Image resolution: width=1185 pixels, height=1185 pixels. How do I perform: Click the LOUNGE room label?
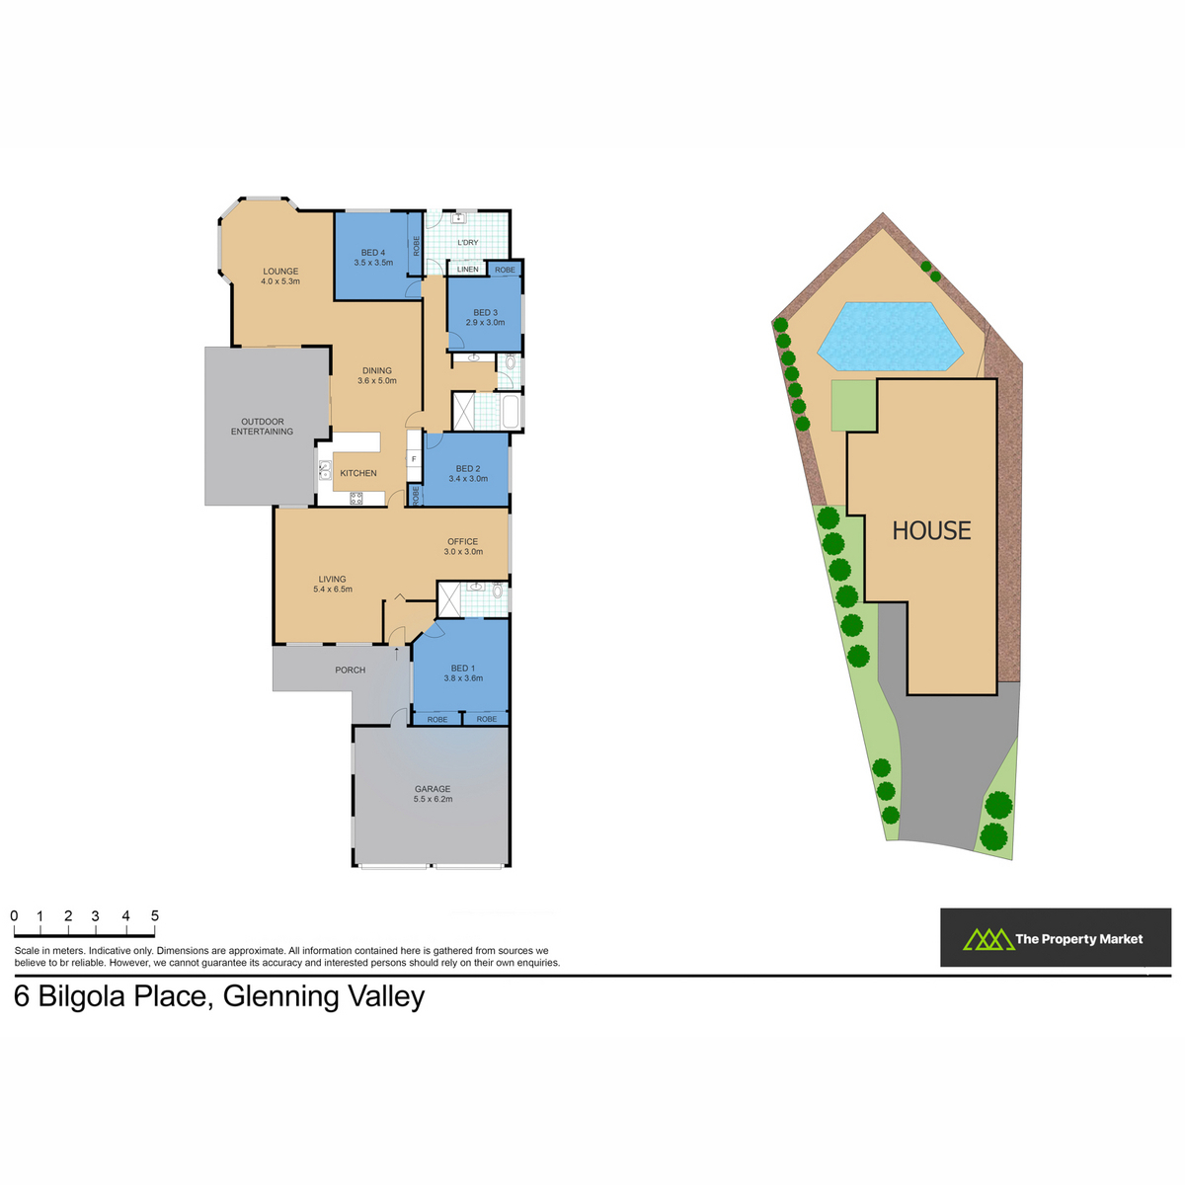[x=280, y=272]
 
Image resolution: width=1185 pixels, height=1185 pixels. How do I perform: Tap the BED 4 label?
[x=373, y=253]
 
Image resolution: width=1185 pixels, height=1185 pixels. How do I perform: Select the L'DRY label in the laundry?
[x=468, y=242]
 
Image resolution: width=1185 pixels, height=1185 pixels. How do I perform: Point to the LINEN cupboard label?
[x=467, y=270]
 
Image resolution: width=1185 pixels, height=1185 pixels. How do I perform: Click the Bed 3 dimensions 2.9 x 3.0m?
[x=485, y=322]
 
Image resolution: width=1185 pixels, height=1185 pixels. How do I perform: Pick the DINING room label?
[x=377, y=371]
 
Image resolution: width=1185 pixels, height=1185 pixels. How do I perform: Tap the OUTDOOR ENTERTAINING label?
[x=262, y=427]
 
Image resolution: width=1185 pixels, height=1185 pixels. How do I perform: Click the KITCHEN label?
[x=358, y=474]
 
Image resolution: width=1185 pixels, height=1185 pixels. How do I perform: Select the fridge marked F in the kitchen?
[x=414, y=459]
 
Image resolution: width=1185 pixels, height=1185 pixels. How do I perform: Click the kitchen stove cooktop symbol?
[x=356, y=498]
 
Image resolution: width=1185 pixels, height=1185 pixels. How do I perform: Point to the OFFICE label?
[x=462, y=542]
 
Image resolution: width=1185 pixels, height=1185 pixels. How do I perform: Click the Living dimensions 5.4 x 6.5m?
[x=333, y=590]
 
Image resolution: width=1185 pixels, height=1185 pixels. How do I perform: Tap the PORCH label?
[x=350, y=671]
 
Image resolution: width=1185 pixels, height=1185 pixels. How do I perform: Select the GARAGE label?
[x=433, y=789]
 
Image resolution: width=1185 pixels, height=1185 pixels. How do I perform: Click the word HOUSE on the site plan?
[x=931, y=530]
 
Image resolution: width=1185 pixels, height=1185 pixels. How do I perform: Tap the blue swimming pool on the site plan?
[x=890, y=337]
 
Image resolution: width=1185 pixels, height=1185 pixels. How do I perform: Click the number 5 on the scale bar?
[x=155, y=915]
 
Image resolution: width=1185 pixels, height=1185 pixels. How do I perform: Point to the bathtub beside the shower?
[x=513, y=412]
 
